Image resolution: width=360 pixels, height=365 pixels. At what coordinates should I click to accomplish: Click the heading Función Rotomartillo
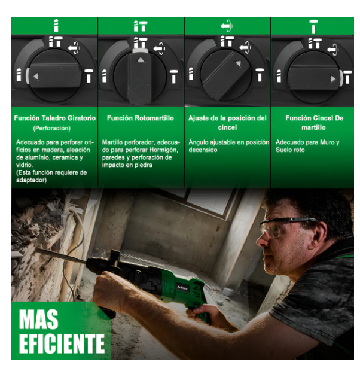point(141,118)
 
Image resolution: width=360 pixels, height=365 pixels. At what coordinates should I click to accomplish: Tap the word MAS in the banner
point(39,319)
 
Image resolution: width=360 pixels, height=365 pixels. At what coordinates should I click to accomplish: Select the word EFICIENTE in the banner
point(62,343)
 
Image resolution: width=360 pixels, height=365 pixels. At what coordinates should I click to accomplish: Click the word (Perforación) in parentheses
point(51,128)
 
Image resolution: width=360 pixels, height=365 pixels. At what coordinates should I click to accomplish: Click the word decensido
point(203,150)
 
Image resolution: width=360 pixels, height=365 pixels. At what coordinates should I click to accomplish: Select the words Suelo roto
point(290,150)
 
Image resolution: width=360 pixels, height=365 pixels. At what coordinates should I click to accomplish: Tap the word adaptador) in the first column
point(32,180)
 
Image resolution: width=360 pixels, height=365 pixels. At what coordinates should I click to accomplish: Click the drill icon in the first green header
point(56,26)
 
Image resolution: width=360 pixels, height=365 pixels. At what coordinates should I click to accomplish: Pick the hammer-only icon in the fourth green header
point(313,26)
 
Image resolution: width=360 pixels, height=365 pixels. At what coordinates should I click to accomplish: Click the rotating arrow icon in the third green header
point(227,26)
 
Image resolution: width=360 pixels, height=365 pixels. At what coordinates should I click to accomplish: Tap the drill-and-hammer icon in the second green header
point(141,26)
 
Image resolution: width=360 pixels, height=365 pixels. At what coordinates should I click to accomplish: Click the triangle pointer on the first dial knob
point(36,76)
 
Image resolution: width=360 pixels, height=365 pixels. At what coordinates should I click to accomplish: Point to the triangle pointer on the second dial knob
point(141,60)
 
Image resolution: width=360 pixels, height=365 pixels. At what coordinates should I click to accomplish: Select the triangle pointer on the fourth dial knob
point(333,79)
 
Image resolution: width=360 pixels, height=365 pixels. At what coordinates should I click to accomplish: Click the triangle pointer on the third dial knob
point(239,63)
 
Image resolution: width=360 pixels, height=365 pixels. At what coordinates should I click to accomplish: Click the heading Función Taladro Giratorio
point(54,118)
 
